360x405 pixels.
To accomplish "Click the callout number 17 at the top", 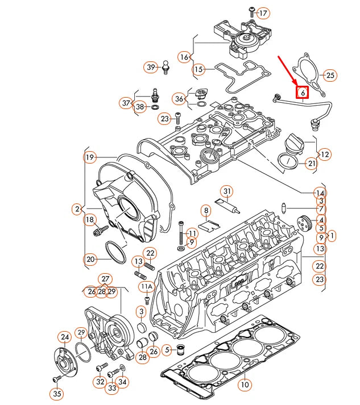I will click(263, 12).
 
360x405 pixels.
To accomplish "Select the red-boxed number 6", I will click(302, 91).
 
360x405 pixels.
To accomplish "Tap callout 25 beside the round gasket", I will click(330, 75).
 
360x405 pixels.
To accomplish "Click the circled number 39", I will click(151, 67).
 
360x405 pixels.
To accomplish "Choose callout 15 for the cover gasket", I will click(198, 70).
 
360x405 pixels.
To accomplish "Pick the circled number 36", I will click(180, 99).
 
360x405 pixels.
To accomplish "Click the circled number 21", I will click(311, 164).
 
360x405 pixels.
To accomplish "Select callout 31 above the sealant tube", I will click(227, 190).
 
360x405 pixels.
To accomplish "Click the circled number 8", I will click(206, 211).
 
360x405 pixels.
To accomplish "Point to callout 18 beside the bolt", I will click(90, 220).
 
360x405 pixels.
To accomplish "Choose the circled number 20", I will click(90, 260).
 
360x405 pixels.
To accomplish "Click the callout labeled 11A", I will click(147, 286).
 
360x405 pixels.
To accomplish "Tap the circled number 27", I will click(105, 279).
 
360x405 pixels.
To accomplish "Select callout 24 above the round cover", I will click(64, 337).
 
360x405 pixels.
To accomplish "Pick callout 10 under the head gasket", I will click(244, 385).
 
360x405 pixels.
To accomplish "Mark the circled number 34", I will click(123, 382).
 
